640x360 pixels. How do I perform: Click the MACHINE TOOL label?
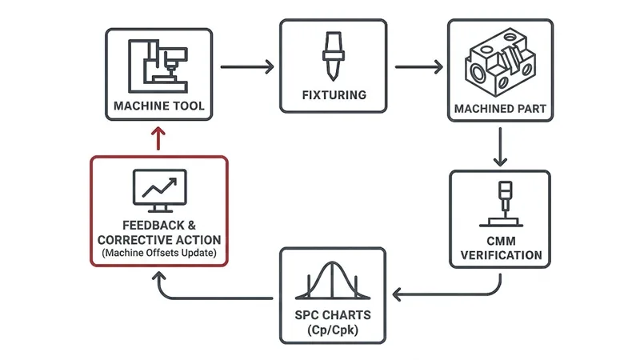159,106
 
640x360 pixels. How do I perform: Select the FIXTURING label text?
334,95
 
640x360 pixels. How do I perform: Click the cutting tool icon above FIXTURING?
334,57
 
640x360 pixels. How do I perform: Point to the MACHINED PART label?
500,107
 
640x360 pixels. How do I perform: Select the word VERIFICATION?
500,256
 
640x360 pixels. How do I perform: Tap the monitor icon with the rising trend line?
158,190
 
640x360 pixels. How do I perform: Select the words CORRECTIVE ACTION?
158,240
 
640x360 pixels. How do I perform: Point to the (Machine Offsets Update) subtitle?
158,254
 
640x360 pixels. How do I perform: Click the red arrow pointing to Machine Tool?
159,138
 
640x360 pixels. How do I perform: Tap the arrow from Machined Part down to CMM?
500,146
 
